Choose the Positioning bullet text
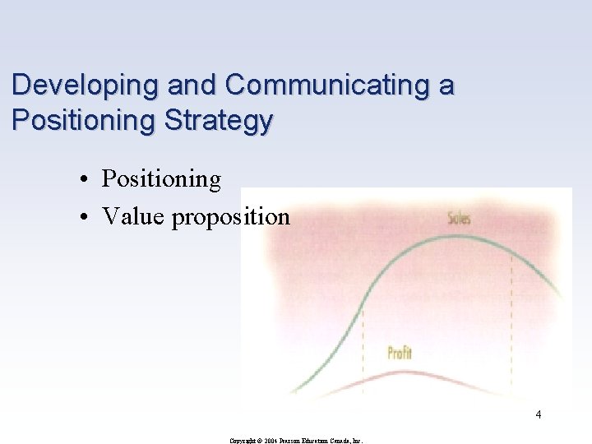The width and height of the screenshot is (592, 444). point(161,179)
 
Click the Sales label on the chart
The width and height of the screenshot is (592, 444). point(459,219)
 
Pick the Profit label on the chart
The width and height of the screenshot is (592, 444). point(400,354)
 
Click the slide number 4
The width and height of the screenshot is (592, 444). point(538,414)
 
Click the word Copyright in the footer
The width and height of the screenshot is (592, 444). point(245,440)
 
